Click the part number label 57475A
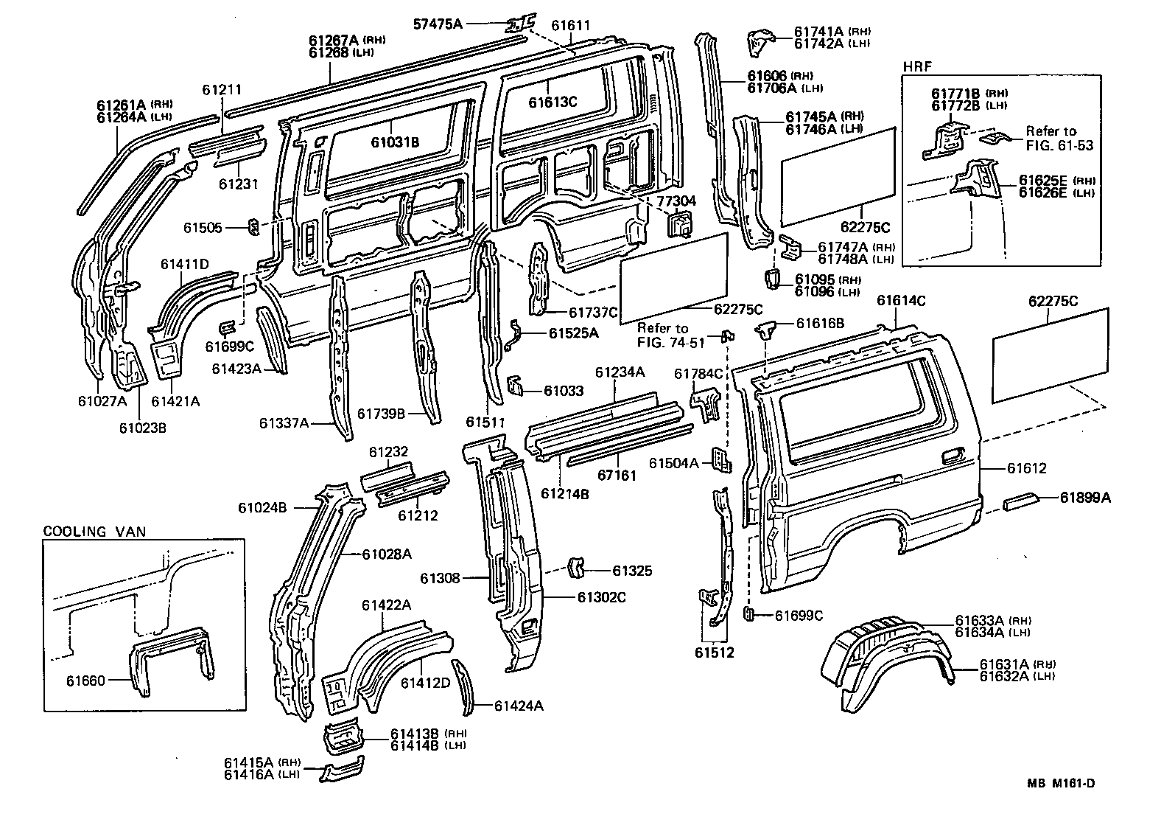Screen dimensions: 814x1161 [x=437, y=24]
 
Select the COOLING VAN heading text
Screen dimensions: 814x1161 [x=94, y=531]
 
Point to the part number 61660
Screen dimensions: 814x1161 [x=86, y=681]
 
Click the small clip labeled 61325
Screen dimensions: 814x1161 [x=575, y=568]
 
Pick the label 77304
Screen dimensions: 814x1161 [x=672, y=200]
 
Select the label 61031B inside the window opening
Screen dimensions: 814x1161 [x=395, y=142]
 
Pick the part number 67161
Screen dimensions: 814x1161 [x=616, y=476]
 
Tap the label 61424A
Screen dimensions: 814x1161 [x=519, y=706]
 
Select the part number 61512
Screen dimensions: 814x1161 [x=714, y=653]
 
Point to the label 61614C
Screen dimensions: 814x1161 [x=901, y=301]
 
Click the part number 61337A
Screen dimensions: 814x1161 [x=284, y=423]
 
